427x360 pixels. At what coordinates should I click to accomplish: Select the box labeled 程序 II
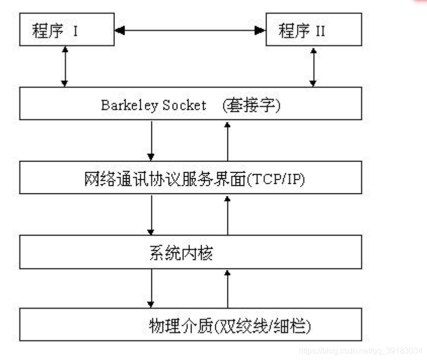pos(314,29)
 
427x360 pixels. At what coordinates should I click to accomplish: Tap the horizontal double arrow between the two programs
pos(190,31)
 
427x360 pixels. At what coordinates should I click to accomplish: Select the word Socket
pos(184,105)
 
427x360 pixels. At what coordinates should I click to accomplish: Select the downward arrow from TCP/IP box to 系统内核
pos(150,215)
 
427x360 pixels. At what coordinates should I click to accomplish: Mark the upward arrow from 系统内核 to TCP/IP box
pos(227,215)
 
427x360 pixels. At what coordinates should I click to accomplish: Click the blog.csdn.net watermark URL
pos(360,350)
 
